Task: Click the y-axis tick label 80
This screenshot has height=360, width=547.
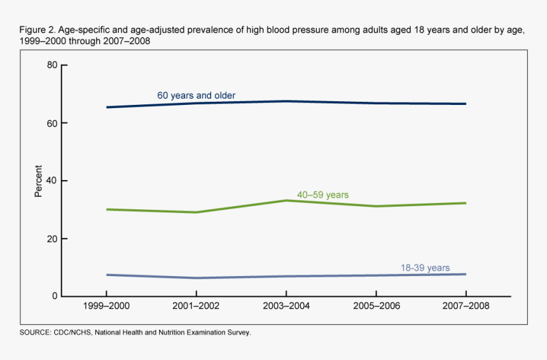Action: (53, 65)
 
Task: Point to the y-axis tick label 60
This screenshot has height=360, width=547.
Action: (53, 123)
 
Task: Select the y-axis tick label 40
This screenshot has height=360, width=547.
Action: (53, 181)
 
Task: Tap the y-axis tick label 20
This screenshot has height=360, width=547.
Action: (53, 239)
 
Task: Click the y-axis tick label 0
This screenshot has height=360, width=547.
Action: (55, 296)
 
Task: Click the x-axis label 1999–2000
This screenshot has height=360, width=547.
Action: (106, 307)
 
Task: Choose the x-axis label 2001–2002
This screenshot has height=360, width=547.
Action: (196, 307)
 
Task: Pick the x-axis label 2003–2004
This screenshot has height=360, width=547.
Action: (286, 307)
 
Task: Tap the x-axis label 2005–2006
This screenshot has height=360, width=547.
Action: (376, 307)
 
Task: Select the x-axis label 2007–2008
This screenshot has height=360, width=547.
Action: (466, 307)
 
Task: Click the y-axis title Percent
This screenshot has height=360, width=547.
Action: (38, 181)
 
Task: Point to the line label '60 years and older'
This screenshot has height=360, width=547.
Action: (197, 95)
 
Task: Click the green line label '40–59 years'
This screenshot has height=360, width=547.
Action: (322, 195)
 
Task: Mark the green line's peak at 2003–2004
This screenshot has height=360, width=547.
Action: (286, 200)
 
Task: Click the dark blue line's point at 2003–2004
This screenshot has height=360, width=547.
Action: (286, 101)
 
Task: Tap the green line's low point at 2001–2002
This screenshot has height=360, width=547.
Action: (196, 212)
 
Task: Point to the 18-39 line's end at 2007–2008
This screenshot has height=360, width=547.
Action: (466, 274)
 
